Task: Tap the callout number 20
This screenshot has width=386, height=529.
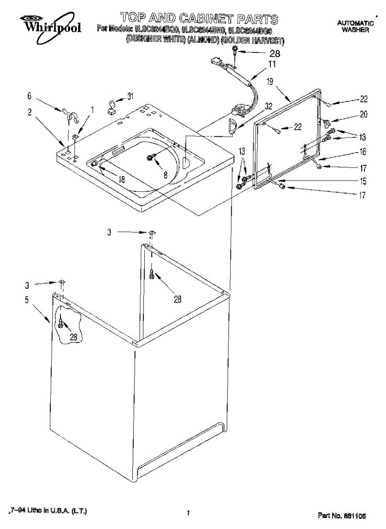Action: point(364,114)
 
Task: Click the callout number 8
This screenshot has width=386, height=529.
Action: point(165,175)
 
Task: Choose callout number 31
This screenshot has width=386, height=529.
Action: point(130,96)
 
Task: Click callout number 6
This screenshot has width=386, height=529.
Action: point(30,96)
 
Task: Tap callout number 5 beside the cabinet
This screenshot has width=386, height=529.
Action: point(27,300)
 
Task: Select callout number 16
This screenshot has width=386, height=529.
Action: point(363,152)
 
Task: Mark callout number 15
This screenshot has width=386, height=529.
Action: point(363,181)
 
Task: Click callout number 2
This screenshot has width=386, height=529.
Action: point(30,112)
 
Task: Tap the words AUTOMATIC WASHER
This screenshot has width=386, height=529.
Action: point(355,26)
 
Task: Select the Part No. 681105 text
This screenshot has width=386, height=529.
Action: point(342,515)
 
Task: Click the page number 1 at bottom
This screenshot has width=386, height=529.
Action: point(188,513)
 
